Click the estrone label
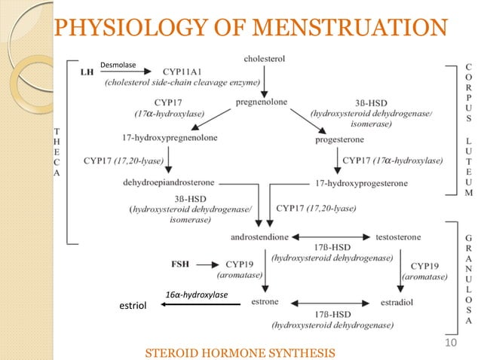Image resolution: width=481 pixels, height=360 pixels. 265,302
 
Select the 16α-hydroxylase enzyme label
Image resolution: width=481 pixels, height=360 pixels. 197,294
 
